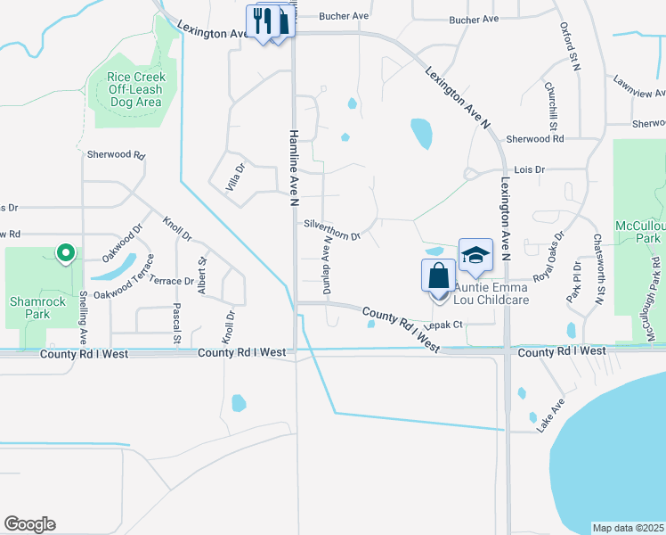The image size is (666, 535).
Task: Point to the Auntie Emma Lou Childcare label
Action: (x=491, y=293)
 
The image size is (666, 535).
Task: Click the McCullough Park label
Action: (x=642, y=232)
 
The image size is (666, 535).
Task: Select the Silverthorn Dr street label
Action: (x=331, y=230)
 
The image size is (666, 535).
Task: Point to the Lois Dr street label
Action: (x=529, y=169)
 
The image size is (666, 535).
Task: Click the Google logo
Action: (x=29, y=524)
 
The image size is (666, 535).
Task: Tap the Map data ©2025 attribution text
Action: (x=627, y=528)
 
